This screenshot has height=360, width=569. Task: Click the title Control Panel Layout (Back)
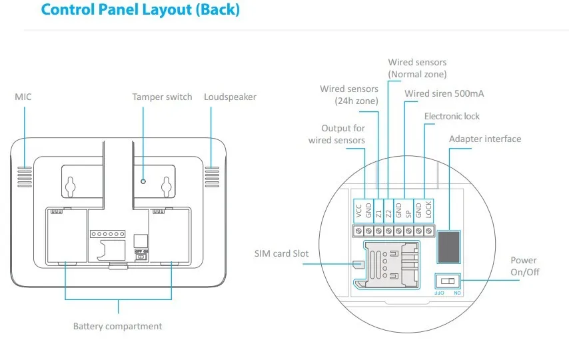[x=141, y=9]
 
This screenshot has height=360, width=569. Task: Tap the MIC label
[x=23, y=97]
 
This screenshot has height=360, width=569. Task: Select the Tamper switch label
[x=162, y=97]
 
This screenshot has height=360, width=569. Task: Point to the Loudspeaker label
[x=230, y=97]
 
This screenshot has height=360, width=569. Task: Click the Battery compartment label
[x=117, y=326]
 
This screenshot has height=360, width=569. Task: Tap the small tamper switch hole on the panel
[x=143, y=181]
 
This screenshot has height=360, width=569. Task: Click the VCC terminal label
[x=358, y=211]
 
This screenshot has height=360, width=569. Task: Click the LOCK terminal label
[x=428, y=209]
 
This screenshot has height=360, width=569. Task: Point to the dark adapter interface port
[x=449, y=247]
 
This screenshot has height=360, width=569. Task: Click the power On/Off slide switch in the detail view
[x=448, y=281]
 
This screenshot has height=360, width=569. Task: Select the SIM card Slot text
[x=281, y=253]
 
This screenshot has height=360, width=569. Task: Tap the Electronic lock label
[x=452, y=116]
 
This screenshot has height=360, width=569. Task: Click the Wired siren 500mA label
[x=444, y=94]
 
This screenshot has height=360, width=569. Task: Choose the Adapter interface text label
[x=485, y=139]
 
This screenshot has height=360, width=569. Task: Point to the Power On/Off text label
[x=525, y=266]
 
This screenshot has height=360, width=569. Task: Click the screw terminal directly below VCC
[x=358, y=231]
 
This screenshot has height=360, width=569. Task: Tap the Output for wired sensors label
[x=336, y=135]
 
